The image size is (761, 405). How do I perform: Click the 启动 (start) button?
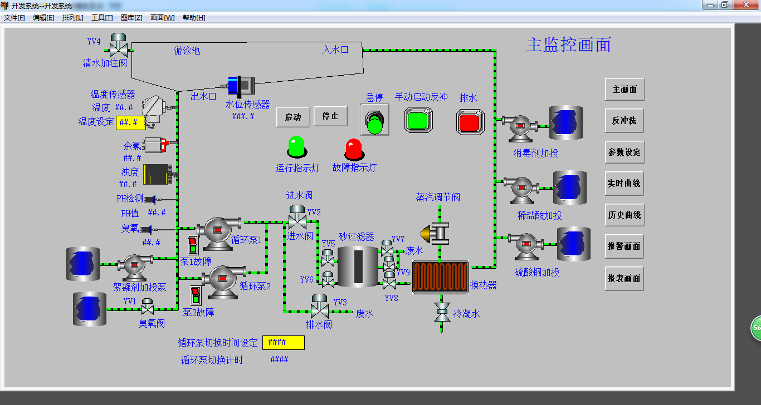(x=293, y=117)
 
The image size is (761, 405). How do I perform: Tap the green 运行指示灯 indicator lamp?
(x=296, y=147)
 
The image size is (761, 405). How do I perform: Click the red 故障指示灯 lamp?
(x=354, y=149)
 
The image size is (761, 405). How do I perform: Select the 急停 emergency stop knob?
(x=374, y=120)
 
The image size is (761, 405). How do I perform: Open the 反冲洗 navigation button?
(x=625, y=121)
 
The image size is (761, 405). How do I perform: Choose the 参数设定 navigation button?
(x=625, y=152)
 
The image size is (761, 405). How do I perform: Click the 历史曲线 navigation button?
(x=625, y=215)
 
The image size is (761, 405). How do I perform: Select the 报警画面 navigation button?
(x=625, y=246)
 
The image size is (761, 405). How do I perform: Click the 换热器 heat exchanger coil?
(x=441, y=276)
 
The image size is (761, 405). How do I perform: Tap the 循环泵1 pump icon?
(x=218, y=230)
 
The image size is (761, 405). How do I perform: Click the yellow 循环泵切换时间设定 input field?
(x=284, y=343)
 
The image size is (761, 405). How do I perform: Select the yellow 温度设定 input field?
(x=130, y=122)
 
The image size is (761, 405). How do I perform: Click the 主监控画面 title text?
(x=568, y=45)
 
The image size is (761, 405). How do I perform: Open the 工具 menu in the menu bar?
(x=102, y=18)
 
